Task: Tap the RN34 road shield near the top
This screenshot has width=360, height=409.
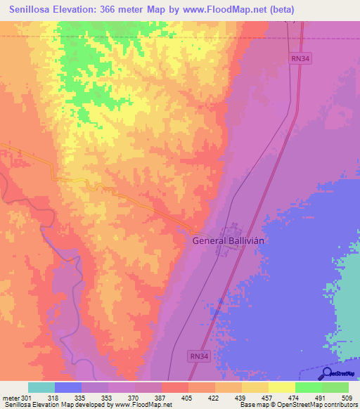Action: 301,59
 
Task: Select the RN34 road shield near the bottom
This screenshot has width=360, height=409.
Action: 198,357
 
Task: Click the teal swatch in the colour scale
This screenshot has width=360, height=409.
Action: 41,387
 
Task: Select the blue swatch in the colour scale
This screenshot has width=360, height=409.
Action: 68,387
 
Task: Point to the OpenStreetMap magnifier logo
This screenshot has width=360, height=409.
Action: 328,373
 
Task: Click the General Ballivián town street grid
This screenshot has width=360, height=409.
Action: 231,239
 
